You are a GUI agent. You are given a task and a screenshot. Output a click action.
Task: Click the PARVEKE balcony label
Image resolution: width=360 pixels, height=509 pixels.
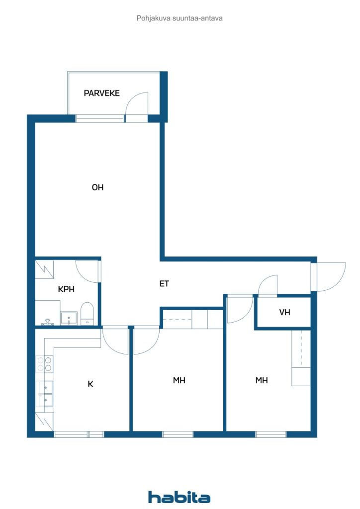(x=101, y=93)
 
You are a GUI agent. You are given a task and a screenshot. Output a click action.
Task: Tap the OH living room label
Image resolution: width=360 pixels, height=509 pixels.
(x=97, y=187)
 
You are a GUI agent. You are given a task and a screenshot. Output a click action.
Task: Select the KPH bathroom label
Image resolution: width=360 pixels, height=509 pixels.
(x=66, y=289)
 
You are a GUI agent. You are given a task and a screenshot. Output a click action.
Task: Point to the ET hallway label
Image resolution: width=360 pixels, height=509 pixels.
(x=164, y=284)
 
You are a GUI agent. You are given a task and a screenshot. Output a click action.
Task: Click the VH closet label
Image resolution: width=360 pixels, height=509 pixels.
(x=284, y=312)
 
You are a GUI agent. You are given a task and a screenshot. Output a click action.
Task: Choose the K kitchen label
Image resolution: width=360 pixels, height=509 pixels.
(x=90, y=384)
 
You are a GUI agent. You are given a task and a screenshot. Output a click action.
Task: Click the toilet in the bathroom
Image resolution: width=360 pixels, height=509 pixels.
(x=87, y=313)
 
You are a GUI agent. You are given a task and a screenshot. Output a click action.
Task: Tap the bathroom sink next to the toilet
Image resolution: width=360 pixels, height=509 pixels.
(x=69, y=318)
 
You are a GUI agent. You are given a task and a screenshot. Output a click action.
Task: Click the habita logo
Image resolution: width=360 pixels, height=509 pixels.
(x=179, y=497)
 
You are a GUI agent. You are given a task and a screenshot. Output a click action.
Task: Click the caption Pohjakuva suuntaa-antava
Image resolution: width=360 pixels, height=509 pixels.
(x=180, y=18)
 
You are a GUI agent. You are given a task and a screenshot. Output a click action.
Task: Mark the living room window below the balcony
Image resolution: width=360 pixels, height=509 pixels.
(x=99, y=118)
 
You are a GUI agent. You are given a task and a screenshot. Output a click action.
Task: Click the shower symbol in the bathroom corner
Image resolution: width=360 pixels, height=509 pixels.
(x=44, y=269)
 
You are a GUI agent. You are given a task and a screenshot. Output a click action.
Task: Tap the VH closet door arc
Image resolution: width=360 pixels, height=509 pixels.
(x=268, y=285)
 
